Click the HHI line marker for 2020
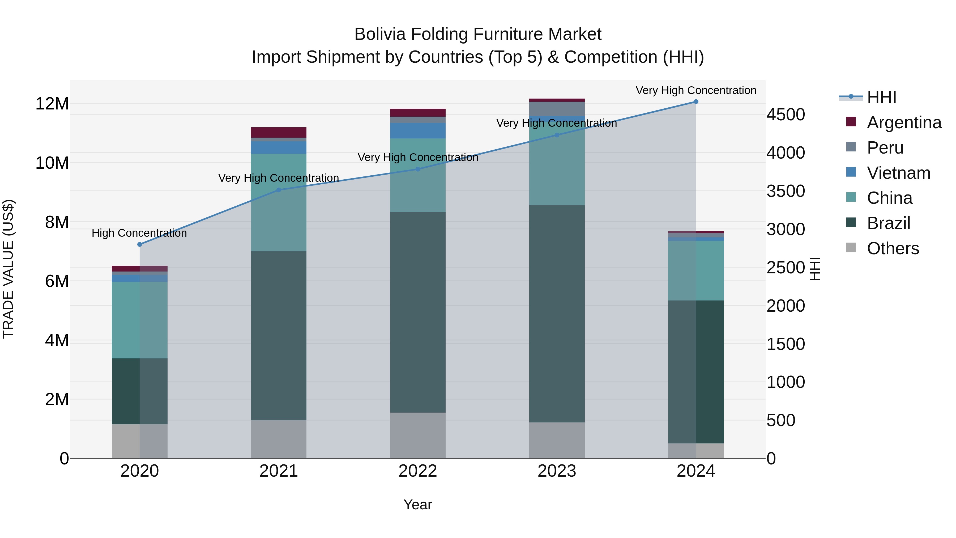139,244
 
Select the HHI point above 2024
696,102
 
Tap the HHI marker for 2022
418,169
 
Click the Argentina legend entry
904,122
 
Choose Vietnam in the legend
898,173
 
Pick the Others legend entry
893,248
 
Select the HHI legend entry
881,97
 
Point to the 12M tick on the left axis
52,104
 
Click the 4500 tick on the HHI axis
786,115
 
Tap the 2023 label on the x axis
557,471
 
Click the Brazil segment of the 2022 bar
418,312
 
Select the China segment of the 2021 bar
279,202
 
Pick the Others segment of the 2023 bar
557,440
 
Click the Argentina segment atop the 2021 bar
279,133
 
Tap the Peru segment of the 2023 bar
557,108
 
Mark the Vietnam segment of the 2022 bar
418,131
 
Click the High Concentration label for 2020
139,233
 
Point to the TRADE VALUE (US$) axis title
8,269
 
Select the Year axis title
418,505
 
